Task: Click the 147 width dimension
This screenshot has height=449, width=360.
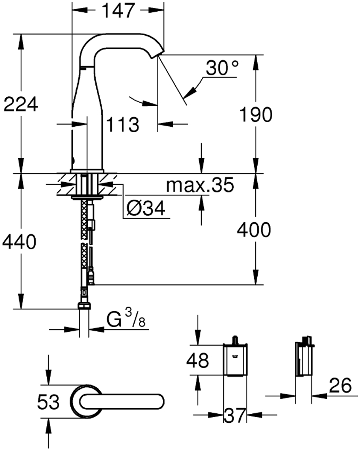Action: click(119, 11)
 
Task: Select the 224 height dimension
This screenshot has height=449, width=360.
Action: click(21, 104)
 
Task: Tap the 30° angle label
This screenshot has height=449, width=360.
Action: click(222, 68)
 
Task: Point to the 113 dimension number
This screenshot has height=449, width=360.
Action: click(123, 125)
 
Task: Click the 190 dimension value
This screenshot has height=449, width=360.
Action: click(256, 114)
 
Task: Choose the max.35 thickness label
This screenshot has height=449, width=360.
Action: click(200, 185)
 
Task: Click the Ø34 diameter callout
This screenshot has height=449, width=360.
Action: click(146, 209)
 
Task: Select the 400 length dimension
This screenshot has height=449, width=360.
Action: click(254, 230)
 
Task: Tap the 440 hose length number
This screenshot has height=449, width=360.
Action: click(19, 242)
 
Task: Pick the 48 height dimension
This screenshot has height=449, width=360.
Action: click(197, 360)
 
